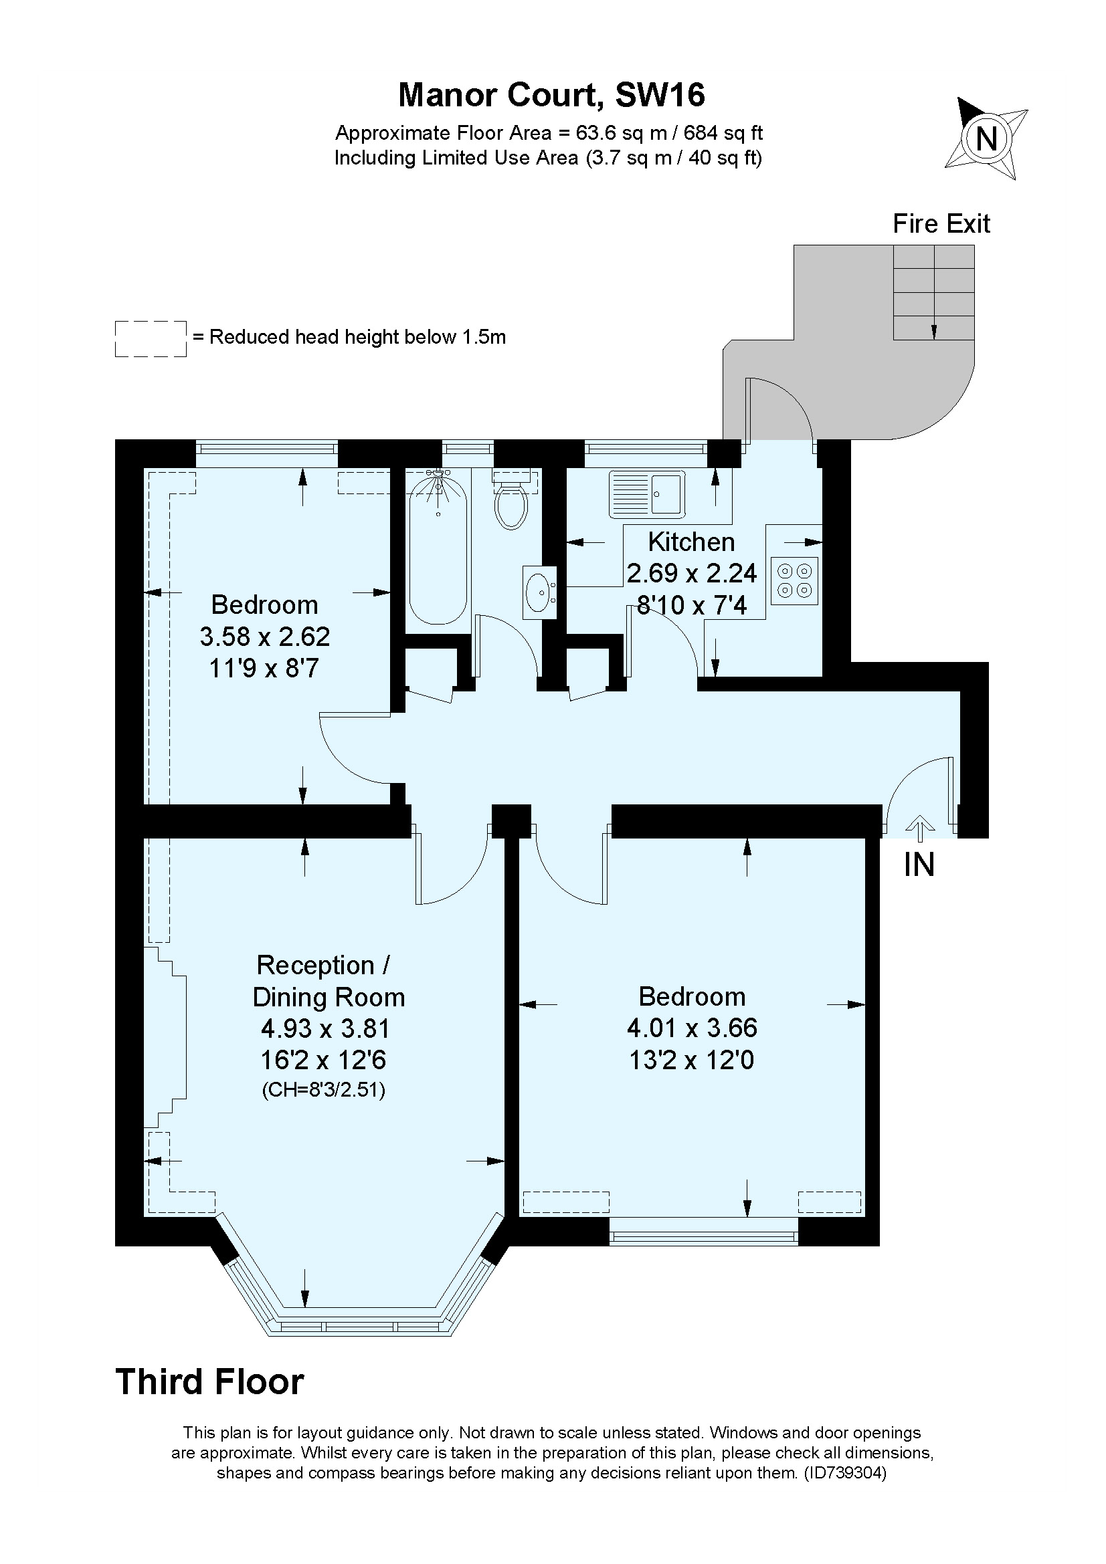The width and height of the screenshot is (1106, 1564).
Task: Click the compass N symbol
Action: [986, 139]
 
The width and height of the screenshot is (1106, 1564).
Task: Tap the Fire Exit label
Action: [941, 224]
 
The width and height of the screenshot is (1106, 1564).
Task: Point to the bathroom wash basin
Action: [540, 592]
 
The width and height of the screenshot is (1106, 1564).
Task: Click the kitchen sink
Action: [647, 493]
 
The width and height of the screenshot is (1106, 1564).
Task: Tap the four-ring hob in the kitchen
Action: [795, 580]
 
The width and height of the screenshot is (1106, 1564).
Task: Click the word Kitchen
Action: [691, 542]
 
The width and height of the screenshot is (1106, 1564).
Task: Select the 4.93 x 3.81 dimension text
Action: [326, 1028]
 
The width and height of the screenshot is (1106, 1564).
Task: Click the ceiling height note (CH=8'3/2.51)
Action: [324, 1091]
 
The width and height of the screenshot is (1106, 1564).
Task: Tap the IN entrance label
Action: [919, 865]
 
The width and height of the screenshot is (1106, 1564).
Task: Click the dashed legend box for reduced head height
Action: [151, 338]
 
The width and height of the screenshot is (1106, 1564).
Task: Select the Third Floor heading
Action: [210, 1382]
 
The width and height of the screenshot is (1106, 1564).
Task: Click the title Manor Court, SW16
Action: [551, 95]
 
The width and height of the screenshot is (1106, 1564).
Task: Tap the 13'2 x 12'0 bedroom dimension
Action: [691, 1060]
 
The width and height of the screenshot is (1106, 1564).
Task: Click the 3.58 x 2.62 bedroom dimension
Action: [264, 636]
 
